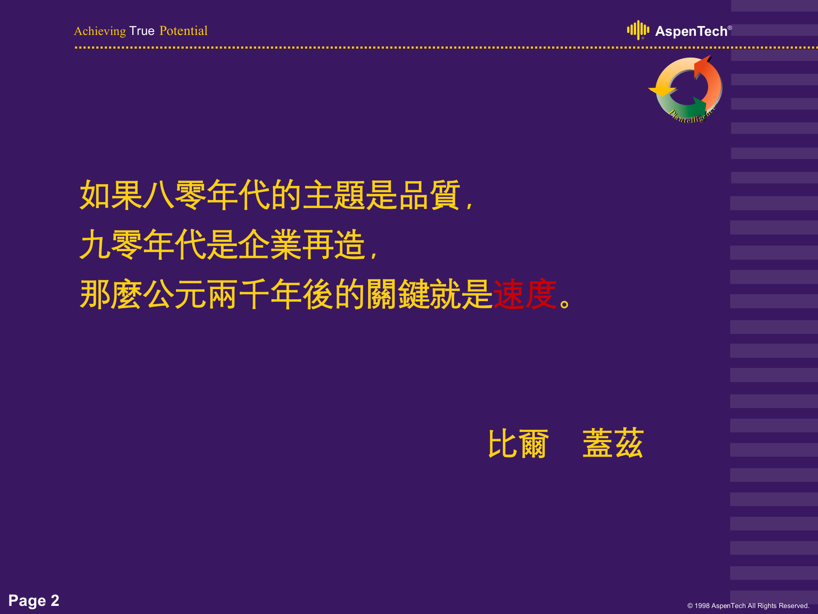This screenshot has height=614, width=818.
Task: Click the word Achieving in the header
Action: point(100,31)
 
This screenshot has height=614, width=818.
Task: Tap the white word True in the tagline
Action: point(142,31)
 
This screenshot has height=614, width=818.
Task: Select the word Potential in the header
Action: point(183,31)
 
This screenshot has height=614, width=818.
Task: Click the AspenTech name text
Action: point(691,32)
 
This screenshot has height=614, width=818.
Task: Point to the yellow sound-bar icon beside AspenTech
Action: point(638,30)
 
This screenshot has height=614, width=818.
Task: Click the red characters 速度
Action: point(524,294)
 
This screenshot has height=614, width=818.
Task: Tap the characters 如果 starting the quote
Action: point(111,195)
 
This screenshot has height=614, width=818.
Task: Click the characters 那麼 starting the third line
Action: point(111,294)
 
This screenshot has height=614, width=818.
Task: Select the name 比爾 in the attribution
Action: point(518,444)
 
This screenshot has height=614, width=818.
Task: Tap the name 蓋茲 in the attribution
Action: point(613,444)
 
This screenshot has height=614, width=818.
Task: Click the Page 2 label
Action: point(34,600)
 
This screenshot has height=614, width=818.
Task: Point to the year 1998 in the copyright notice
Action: point(702,606)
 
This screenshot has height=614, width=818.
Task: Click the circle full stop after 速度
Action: point(565,304)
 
